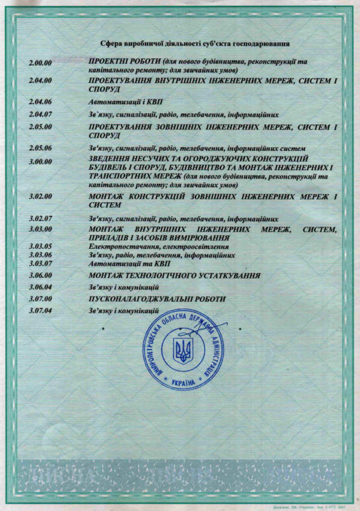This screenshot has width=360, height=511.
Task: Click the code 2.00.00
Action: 41,63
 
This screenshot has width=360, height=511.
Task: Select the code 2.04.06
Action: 41,102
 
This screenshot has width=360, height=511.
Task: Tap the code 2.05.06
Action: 41,148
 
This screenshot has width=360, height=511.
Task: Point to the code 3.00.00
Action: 41,162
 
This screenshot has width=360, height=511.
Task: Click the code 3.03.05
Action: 41,247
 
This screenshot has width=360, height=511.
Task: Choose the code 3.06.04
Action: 41,287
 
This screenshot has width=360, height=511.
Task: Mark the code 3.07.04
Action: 41,311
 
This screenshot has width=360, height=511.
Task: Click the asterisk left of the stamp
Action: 103,329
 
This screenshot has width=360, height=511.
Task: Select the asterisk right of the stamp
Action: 240,329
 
